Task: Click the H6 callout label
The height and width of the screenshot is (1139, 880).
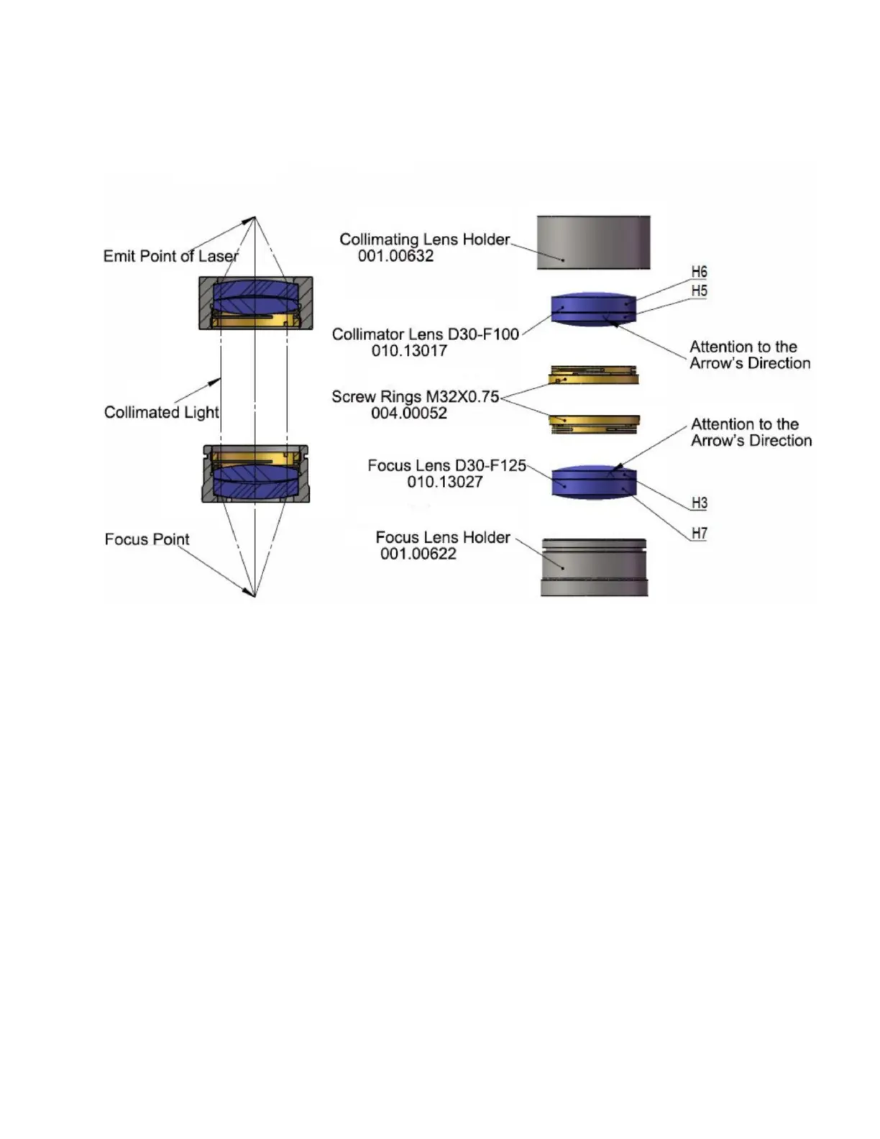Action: click(699, 272)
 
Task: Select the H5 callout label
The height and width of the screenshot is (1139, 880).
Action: click(699, 291)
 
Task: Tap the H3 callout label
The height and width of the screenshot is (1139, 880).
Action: click(699, 503)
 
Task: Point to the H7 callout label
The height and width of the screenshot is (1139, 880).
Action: click(699, 534)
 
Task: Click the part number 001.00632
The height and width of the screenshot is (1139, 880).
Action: click(395, 256)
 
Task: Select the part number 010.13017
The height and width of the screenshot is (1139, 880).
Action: click(409, 351)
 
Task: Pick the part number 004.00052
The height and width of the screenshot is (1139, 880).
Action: click(408, 413)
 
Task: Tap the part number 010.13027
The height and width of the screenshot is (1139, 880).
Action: click(444, 482)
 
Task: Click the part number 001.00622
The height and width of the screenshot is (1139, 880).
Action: click(418, 554)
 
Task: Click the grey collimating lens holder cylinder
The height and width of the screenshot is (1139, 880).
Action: click(593, 242)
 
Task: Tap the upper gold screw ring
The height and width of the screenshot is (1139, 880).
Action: click(593, 375)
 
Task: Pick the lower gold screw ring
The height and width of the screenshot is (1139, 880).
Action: click(594, 424)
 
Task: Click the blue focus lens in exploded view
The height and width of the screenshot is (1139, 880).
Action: click(594, 482)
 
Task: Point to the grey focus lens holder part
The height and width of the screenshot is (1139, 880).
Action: click(594, 567)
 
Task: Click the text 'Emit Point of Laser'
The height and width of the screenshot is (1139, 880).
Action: click(170, 256)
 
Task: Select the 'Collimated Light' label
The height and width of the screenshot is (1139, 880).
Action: click(161, 412)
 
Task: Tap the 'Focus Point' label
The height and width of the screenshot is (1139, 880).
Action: click(147, 539)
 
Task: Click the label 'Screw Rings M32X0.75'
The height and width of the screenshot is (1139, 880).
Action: click(415, 397)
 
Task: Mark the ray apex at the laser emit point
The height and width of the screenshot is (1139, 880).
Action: click(255, 217)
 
